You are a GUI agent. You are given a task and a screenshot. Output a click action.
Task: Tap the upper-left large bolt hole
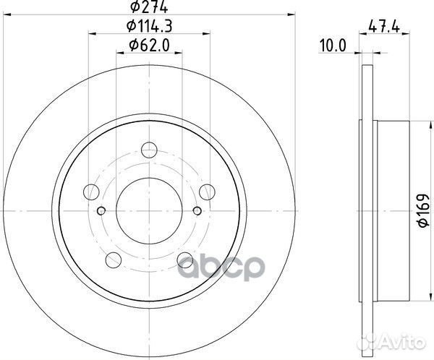[92, 192]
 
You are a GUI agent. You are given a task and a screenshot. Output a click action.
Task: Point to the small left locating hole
[102, 210]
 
